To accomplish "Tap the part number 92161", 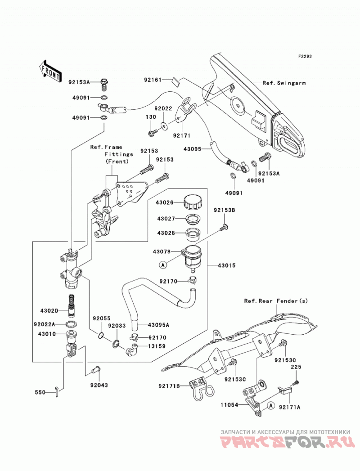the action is [x=153, y=80].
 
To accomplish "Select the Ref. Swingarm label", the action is [x=284, y=83].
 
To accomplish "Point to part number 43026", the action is [x=165, y=202].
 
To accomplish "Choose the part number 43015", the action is [x=227, y=265].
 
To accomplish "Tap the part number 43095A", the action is [x=158, y=325].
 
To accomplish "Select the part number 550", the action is [x=40, y=392].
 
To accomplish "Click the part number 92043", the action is [x=99, y=385].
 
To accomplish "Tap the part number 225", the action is [x=296, y=367].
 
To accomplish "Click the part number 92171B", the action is [x=169, y=386].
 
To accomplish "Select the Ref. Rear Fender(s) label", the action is [x=276, y=301].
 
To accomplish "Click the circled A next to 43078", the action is [x=162, y=265].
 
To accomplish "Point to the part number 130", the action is [x=151, y=117].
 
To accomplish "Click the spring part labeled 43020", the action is [x=71, y=305].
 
